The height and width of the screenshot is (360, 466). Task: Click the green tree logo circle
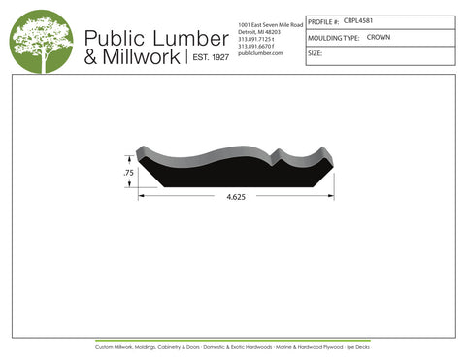[41, 41]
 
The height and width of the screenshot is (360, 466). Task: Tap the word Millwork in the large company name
[140, 57]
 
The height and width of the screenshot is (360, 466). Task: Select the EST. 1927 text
[207, 58]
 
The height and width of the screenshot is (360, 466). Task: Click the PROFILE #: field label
[324, 20]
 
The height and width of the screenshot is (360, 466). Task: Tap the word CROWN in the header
[379, 37]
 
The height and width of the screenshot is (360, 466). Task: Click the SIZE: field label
[315, 53]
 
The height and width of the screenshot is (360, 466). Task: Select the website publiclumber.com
[260, 53]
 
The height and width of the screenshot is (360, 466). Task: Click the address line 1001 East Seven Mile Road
[271, 23]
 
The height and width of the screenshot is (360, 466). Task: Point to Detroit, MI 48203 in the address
[259, 31]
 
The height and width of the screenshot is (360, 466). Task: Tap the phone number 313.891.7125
[256, 39]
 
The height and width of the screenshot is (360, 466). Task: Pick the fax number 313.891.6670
[256, 46]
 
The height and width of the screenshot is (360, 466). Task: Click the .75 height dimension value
[128, 173]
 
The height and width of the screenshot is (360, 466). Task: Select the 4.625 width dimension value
[236, 197]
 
